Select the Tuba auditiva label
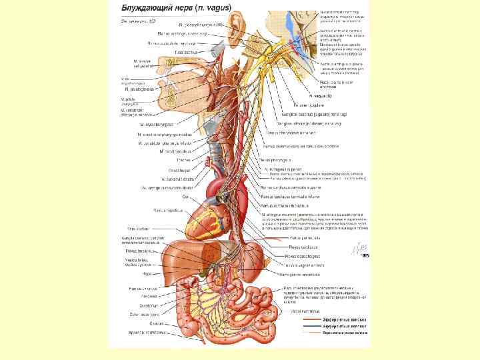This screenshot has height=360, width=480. (184, 51)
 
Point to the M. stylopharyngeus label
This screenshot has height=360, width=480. (156, 124)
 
